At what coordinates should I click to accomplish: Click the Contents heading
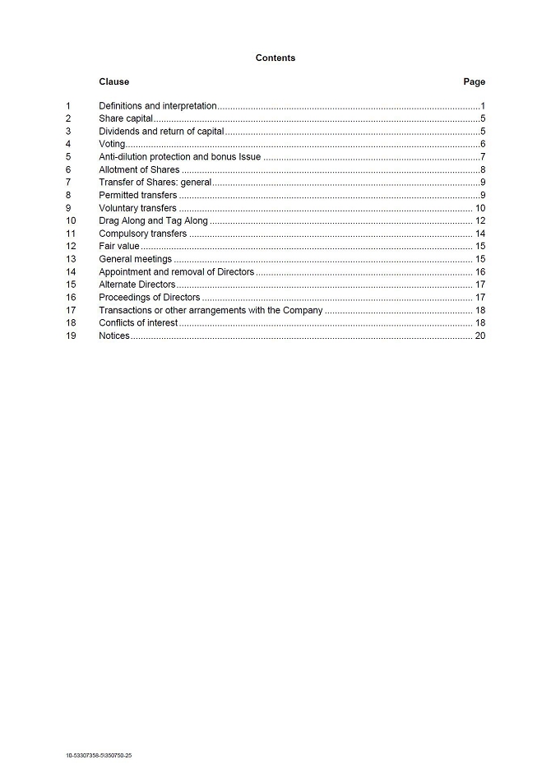click(275, 58)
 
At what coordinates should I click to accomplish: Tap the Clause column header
click(113, 81)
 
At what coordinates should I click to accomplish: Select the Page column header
click(474, 81)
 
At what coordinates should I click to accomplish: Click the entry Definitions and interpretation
click(157, 106)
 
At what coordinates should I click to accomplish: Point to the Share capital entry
click(126, 118)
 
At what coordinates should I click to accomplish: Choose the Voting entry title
click(112, 144)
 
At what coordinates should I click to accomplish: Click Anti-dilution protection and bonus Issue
click(179, 156)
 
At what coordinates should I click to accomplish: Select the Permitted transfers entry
click(137, 195)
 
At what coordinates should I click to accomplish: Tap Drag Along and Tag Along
click(153, 220)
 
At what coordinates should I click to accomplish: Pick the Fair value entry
click(119, 246)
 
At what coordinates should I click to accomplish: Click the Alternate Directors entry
click(137, 285)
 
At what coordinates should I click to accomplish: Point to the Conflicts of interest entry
click(137, 323)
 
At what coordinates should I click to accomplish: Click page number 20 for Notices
click(479, 336)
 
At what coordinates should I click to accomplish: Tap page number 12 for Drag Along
click(479, 220)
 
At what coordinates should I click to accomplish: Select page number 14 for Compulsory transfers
click(479, 234)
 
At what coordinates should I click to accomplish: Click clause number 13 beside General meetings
click(71, 259)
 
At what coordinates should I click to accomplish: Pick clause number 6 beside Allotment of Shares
click(68, 169)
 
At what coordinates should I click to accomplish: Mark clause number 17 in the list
click(71, 310)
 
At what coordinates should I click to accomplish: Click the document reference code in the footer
click(99, 755)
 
